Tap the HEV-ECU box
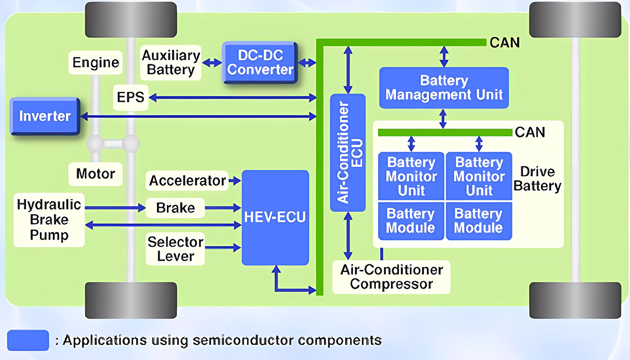(x=275, y=217)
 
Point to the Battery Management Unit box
(x=444, y=88)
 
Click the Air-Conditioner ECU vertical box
(x=348, y=153)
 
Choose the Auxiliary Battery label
(x=171, y=62)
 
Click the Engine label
(x=96, y=62)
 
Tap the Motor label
(x=96, y=173)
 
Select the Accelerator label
(x=187, y=181)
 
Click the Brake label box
(x=175, y=208)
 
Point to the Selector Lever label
(x=175, y=249)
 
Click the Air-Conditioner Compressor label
(x=392, y=277)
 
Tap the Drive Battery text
(x=538, y=179)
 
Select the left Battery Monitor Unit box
(x=411, y=176)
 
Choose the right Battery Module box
(x=478, y=221)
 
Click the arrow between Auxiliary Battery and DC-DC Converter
(x=212, y=62)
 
